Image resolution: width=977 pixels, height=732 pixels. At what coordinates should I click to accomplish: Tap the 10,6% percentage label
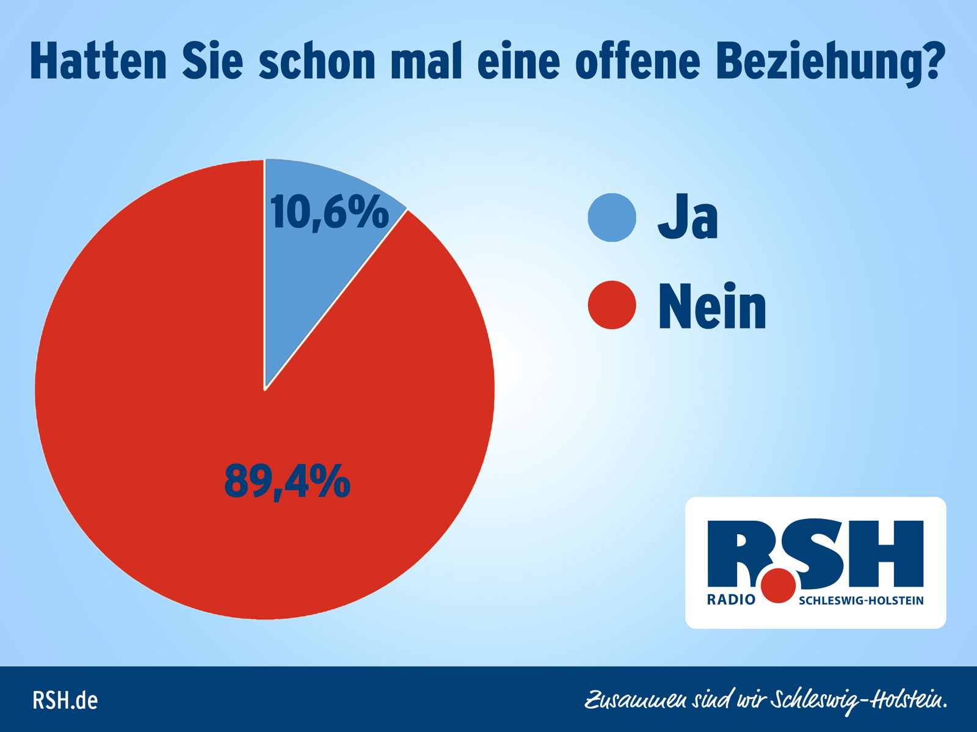[x=329, y=212]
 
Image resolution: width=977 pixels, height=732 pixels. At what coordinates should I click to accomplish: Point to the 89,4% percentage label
[x=287, y=481]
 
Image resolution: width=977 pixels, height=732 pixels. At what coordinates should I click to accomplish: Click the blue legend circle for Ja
[x=612, y=218]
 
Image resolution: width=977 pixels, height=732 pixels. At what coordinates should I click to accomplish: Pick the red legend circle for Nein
[x=612, y=305]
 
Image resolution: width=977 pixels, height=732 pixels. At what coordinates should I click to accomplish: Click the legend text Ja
[x=688, y=218]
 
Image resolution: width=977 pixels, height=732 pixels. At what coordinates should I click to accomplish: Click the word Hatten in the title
[x=98, y=61]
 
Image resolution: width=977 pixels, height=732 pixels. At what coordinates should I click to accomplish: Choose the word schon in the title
[x=316, y=61]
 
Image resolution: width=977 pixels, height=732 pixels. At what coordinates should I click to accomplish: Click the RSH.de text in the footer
[x=65, y=700]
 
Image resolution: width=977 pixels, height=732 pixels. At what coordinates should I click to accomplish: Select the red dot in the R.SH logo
[x=779, y=585]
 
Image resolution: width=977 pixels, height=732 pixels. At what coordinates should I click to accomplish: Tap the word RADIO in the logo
[x=731, y=600]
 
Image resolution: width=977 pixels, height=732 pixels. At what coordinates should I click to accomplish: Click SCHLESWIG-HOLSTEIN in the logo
[x=861, y=600]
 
